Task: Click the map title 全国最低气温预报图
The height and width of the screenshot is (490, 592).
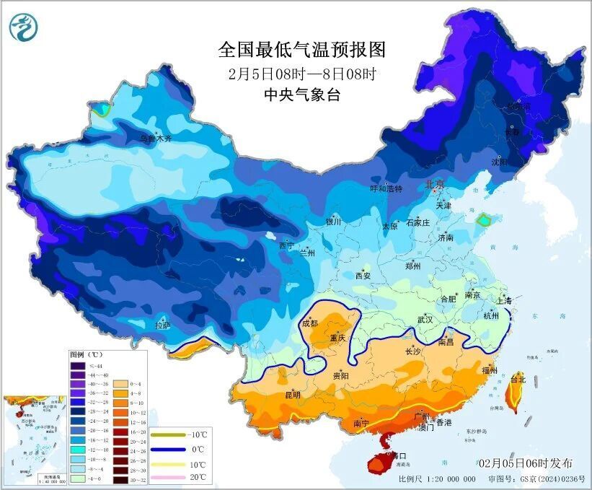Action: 302,50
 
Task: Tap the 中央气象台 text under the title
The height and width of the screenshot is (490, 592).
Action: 301,94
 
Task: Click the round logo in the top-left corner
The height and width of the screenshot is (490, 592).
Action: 24,28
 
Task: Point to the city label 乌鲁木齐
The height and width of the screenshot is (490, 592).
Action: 156,138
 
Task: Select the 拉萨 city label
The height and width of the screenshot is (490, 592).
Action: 163,325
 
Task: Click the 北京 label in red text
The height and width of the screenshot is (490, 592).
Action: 435,184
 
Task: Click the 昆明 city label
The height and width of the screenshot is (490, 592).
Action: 293,394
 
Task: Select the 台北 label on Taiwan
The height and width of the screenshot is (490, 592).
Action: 518,378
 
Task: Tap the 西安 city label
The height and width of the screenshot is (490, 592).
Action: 363,275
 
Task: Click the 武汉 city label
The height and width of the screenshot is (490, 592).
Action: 425,319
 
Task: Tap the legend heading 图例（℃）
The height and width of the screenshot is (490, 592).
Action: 87,355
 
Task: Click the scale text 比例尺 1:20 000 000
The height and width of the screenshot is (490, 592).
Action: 437,479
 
